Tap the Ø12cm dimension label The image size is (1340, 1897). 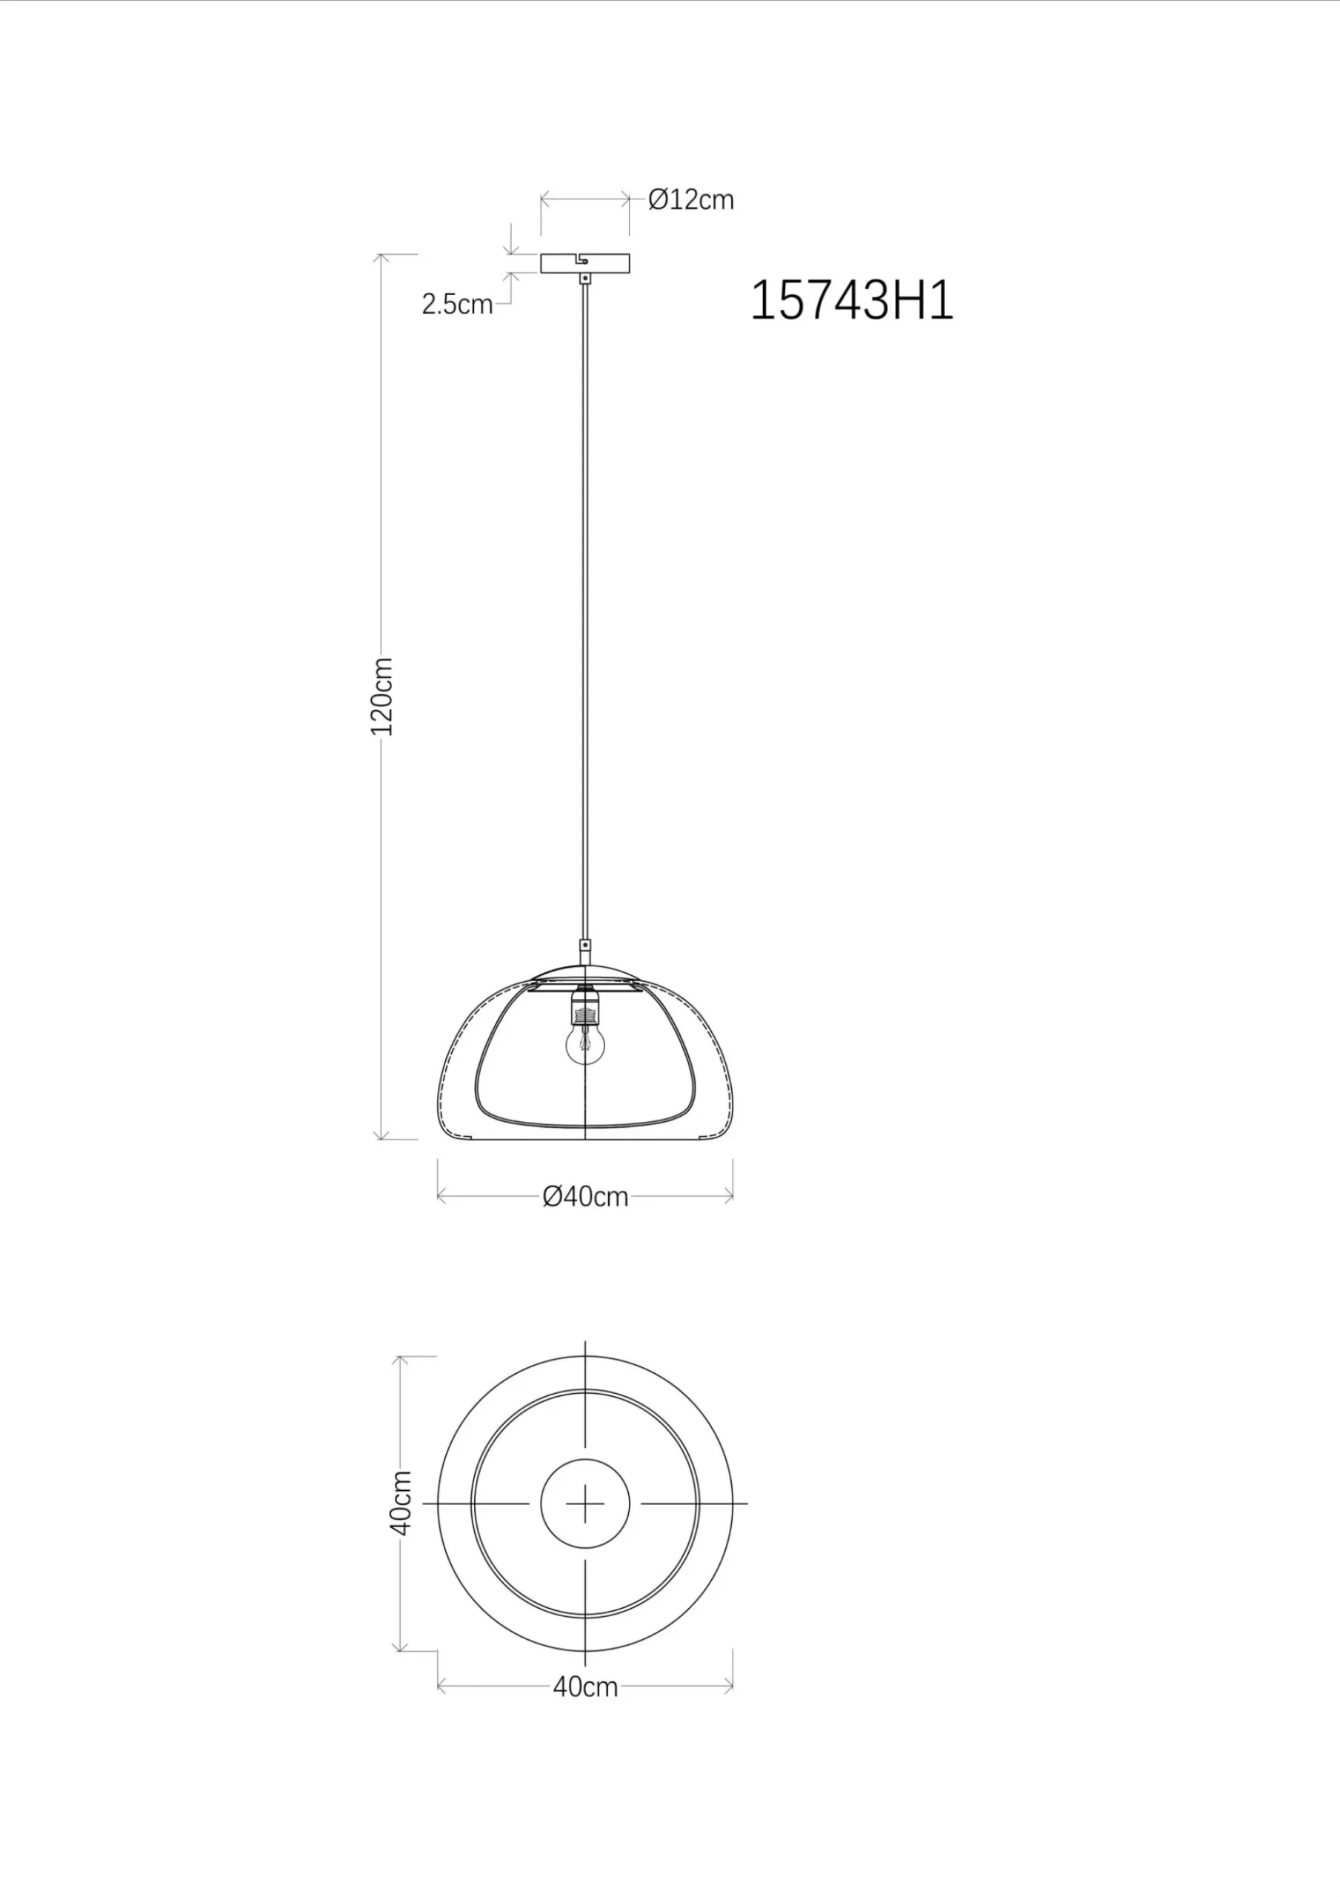coord(690,200)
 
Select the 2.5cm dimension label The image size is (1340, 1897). coord(457,304)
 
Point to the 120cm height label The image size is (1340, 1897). coord(381,697)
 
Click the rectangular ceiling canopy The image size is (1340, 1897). coord(585,263)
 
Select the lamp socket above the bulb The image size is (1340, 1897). coord(585,1007)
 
